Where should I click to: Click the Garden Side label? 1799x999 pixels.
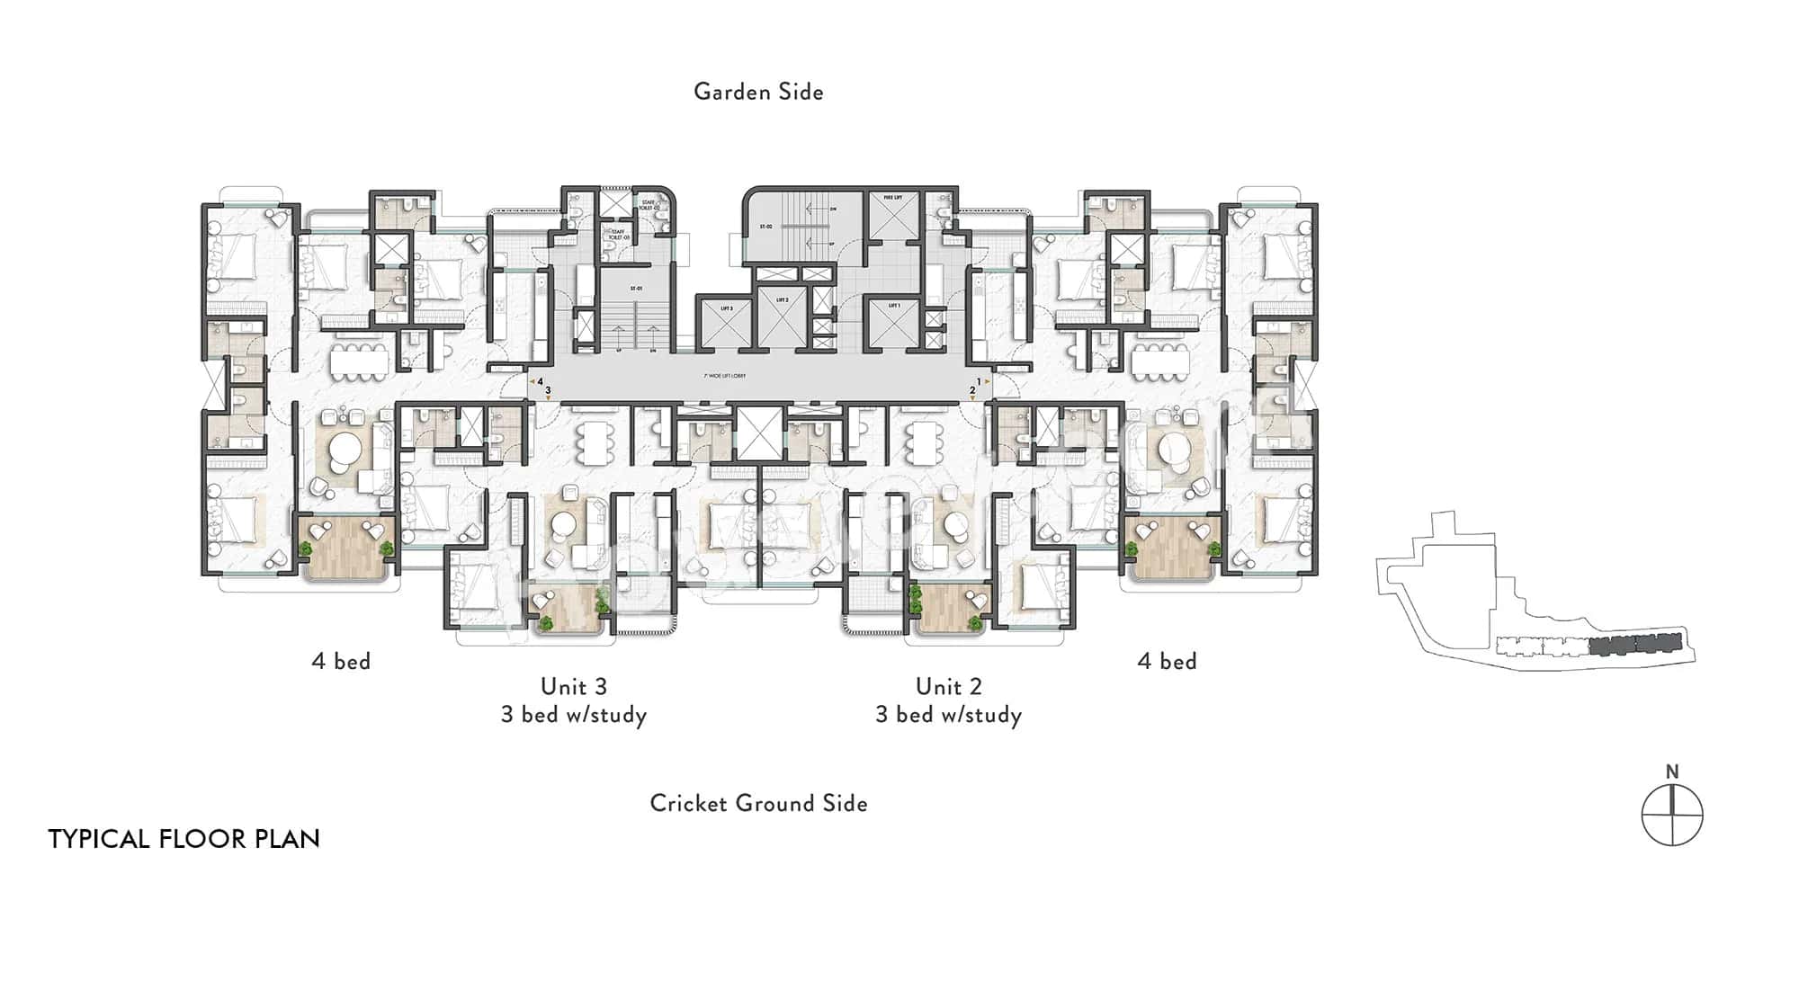pyautogui.click(x=758, y=92)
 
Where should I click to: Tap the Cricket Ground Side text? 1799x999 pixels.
pyautogui.click(x=758, y=803)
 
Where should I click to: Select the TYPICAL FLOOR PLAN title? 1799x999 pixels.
pyautogui.click(x=183, y=839)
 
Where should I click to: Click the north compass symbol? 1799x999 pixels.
pyautogui.click(x=1672, y=816)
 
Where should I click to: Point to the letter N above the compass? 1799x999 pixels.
pyautogui.click(x=1672, y=772)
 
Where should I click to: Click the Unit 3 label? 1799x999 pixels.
pyautogui.click(x=574, y=686)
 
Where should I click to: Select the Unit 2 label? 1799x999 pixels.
pyautogui.click(x=948, y=686)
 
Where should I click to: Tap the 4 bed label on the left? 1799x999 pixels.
pyautogui.click(x=341, y=661)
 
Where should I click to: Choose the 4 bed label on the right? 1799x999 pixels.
pyautogui.click(x=1167, y=661)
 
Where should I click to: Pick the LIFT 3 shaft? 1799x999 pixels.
pyautogui.click(x=726, y=323)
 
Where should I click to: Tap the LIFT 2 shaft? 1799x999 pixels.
pyautogui.click(x=781, y=315)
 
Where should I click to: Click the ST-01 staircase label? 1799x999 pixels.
pyautogui.click(x=636, y=288)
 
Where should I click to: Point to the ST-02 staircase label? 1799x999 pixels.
pyautogui.click(x=765, y=227)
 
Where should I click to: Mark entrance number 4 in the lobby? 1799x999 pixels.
pyautogui.click(x=540, y=380)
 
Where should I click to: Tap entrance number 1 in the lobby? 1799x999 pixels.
pyautogui.click(x=978, y=381)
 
